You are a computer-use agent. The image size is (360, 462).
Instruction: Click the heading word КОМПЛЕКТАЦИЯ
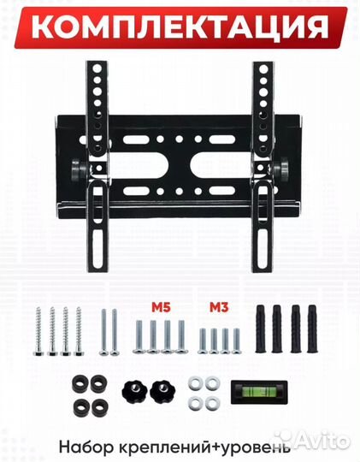180,27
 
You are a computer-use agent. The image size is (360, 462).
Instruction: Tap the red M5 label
161,307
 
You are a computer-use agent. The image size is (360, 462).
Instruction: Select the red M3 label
219,307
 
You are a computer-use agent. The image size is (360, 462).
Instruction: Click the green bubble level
259,392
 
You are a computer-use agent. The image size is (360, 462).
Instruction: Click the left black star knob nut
134,391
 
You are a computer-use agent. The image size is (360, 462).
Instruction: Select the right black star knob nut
162,391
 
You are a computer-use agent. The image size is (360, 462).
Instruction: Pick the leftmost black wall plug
261,329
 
